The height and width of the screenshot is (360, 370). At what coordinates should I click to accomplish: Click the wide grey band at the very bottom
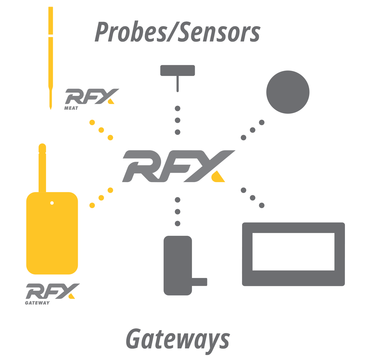pos(185,341)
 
